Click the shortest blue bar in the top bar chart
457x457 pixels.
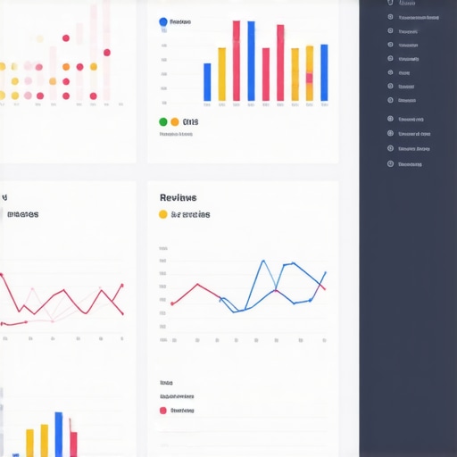tap(207, 82)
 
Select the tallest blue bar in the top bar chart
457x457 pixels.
tap(251, 61)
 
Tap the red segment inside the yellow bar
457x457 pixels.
tap(309, 79)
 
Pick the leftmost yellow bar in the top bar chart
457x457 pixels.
tap(221, 74)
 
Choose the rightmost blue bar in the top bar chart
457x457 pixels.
tap(324, 72)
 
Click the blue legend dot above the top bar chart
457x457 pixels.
tap(162, 21)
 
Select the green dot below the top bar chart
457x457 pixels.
tap(162, 121)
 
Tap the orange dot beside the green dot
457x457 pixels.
tap(174, 121)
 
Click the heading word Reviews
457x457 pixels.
tap(178, 197)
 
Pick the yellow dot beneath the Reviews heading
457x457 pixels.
tap(162, 214)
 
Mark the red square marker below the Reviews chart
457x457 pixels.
tap(162, 411)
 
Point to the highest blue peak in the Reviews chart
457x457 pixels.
tap(263, 262)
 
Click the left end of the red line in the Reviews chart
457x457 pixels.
tap(172, 303)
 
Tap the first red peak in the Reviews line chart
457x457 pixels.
tap(196, 285)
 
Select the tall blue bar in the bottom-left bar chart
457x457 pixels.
tap(59, 434)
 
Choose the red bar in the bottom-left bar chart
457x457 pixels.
tap(73, 444)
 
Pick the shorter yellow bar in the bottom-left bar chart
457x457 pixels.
tap(29, 443)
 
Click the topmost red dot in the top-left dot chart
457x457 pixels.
tap(66, 37)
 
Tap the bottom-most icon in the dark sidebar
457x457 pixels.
tap(390, 164)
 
